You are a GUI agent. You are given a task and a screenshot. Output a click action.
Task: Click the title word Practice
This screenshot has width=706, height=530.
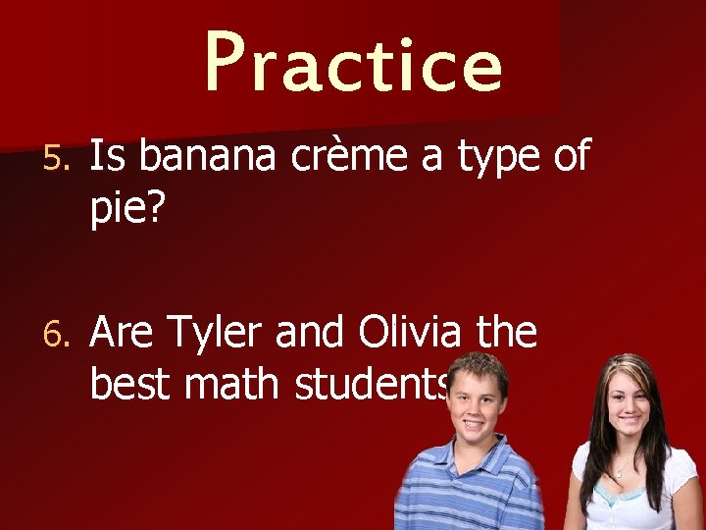pos(353,62)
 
